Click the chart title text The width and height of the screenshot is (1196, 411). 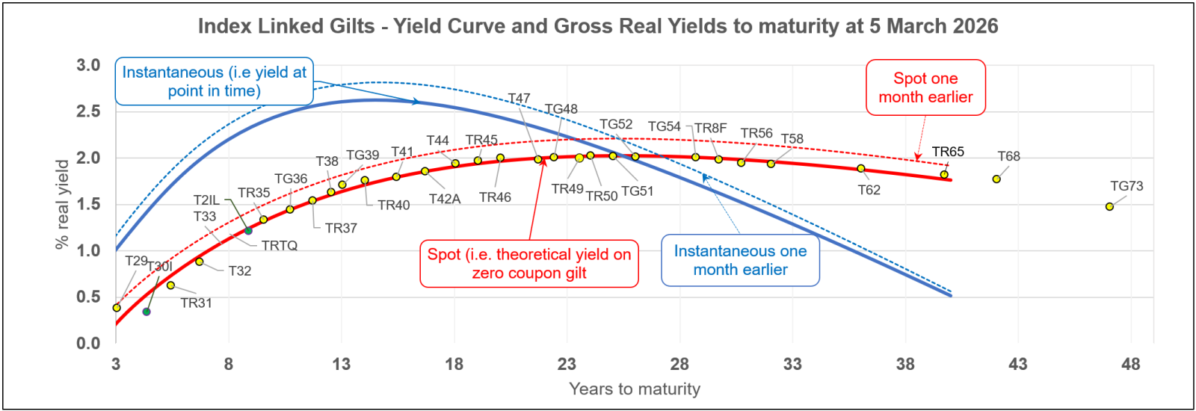pyautogui.click(x=598, y=26)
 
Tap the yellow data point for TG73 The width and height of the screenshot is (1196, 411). pyautogui.click(x=1109, y=206)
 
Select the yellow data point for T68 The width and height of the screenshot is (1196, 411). pyautogui.click(x=996, y=179)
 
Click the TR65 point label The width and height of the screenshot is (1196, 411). pyautogui.click(x=948, y=152)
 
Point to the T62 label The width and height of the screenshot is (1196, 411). pyautogui.click(x=869, y=190)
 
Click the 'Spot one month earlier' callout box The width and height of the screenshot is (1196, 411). pyautogui.click(x=925, y=87)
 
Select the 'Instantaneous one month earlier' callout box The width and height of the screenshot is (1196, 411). pyautogui.click(x=740, y=260)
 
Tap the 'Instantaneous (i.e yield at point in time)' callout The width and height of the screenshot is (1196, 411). pyautogui.click(x=214, y=81)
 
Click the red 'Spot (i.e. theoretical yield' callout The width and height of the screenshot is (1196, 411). pyautogui.click(x=528, y=263)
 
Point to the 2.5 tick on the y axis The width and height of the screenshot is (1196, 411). pyautogui.click(x=88, y=111)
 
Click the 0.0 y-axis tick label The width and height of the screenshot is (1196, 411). pyautogui.click(x=88, y=343)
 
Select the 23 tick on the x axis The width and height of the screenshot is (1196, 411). pyautogui.click(x=567, y=364)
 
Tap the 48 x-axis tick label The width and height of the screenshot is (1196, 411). pyautogui.click(x=1130, y=364)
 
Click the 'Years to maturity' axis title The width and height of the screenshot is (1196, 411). pyautogui.click(x=635, y=389)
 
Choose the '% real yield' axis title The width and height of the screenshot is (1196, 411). pyautogui.click(x=62, y=204)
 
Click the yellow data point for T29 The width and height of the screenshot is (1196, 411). pyautogui.click(x=117, y=308)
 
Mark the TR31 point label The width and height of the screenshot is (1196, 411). pyautogui.click(x=196, y=303)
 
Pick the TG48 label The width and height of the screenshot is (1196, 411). pyautogui.click(x=561, y=109)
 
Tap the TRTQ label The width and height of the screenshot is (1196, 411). pyautogui.click(x=280, y=245)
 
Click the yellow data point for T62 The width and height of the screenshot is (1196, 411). pyautogui.click(x=861, y=169)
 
